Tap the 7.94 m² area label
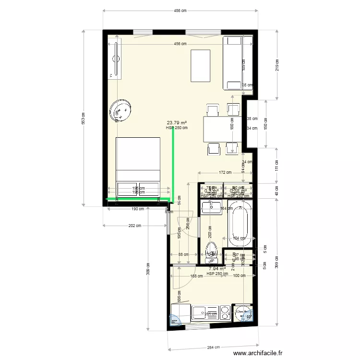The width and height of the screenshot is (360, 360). tap(217, 269)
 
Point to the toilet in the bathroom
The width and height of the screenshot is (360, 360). tap(211, 252)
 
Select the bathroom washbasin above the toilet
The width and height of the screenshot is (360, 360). tap(211, 207)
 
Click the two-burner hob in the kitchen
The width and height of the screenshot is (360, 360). tap(224, 313)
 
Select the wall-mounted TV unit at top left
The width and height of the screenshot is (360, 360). tap(115, 60)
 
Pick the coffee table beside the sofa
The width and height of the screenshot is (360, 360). tap(200, 66)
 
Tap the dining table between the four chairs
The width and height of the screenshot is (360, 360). tap(221, 130)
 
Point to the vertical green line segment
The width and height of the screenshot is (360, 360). tap(173, 166)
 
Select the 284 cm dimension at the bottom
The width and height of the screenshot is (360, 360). tap(214, 348)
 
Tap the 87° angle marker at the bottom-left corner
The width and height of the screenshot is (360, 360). tap(174, 322)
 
